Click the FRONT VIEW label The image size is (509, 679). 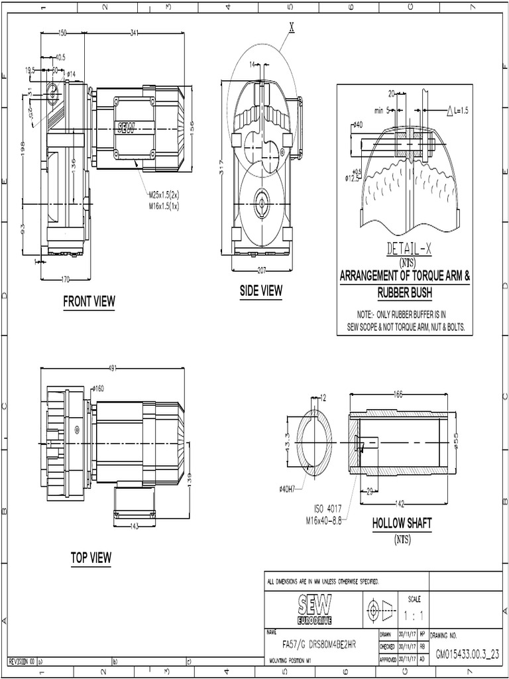coord(89,302)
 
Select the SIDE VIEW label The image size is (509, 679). coord(261,290)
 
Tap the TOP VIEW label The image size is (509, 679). coord(91,558)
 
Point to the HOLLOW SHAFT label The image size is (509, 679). coord(402,523)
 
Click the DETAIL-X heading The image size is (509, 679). coord(409,249)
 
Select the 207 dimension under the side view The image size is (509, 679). coord(262,271)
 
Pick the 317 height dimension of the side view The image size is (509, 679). coord(221,168)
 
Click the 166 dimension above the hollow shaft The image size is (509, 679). coord(398,395)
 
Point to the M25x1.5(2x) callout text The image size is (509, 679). coord(164,196)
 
